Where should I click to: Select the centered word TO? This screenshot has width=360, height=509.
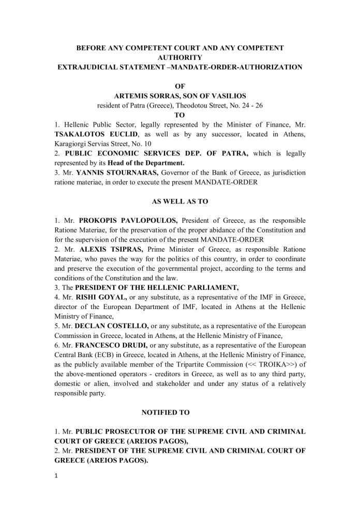[180, 116]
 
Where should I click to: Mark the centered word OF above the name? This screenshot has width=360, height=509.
[180, 87]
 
